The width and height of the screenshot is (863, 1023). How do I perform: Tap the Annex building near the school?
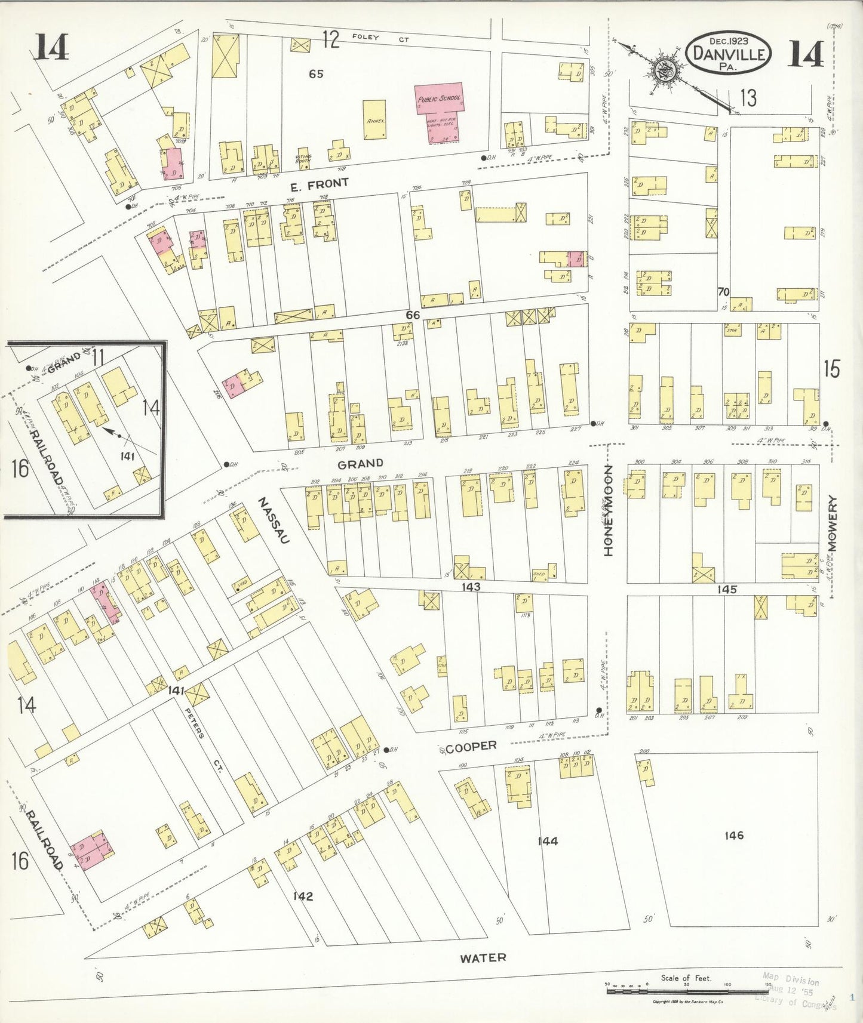[374, 119]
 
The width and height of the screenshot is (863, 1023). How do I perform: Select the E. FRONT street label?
[319, 184]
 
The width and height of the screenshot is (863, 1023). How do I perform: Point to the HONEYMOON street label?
[609, 511]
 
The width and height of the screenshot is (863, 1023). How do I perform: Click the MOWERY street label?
[833, 523]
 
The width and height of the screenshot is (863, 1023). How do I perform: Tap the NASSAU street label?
[274, 521]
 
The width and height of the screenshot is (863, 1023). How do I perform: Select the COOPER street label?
[471, 746]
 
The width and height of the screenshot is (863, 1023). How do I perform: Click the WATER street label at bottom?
[483, 957]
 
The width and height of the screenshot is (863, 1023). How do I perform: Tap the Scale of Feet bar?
[687, 991]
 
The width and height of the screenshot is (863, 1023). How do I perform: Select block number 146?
[733, 835]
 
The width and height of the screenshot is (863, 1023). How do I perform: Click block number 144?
[547, 841]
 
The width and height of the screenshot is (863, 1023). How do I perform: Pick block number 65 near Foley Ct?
[316, 74]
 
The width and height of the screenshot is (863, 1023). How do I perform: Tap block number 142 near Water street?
[303, 896]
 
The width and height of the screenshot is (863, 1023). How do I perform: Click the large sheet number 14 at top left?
[51, 47]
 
